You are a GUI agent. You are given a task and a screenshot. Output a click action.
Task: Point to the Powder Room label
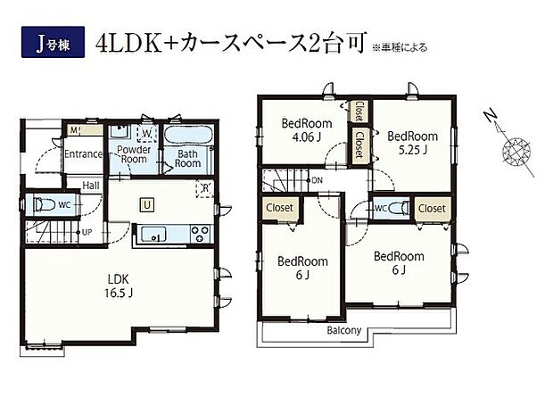pos(135,155)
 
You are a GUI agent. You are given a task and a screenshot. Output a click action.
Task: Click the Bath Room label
pos(186,158)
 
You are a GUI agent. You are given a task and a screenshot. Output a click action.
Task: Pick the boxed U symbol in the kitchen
pos(146,205)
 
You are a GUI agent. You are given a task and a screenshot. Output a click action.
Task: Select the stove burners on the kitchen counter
pos(198,236)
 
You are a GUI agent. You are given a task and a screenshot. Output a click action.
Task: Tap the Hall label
pos(91,186)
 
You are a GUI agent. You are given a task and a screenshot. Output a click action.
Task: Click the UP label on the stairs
pos(87,232)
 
